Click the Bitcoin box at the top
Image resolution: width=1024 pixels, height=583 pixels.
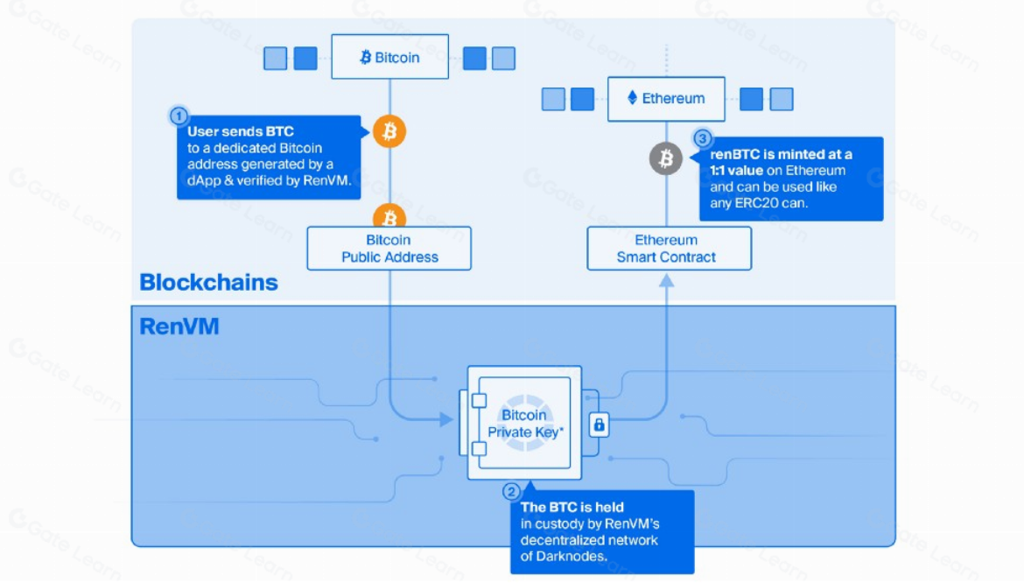389,57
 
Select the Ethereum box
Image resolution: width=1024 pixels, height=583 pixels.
666,99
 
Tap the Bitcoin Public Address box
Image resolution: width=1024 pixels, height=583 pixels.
389,249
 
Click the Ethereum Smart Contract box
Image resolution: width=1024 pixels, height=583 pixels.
669,249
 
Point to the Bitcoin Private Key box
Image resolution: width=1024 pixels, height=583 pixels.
523,424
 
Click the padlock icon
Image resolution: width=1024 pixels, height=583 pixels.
599,425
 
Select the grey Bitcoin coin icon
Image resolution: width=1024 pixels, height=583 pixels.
665,158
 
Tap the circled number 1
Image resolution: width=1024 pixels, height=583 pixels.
178,116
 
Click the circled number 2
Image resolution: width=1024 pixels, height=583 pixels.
512,492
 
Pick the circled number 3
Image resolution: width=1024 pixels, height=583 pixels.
702,138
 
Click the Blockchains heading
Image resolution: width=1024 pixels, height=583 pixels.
208,283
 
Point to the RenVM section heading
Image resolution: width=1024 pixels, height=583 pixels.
179,327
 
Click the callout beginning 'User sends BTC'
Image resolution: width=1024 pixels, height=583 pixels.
267,158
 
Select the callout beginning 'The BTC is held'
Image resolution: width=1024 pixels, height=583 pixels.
602,532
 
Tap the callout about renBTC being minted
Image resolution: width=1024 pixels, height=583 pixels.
789,179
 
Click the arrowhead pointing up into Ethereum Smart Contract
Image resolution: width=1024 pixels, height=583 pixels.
667,279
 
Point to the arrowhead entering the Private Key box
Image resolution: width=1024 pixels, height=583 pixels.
446,419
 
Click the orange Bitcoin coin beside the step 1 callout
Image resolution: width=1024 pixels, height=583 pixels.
389,132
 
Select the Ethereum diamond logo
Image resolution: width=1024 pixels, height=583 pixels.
633,98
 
